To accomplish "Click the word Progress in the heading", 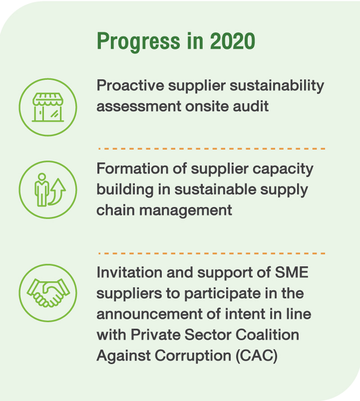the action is (138, 42).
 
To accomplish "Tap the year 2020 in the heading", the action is (233, 41).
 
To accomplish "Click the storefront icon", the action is (48, 107).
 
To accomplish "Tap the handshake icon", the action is (48, 293).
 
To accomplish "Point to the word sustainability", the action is (277, 86).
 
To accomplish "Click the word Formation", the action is (132, 169).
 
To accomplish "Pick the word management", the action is (186, 210).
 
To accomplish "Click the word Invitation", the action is (129, 272).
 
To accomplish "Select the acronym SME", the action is (292, 272).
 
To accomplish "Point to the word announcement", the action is (149, 314).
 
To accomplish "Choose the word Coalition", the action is (267, 334).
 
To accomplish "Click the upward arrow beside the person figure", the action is (57, 192).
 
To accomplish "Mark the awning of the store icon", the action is (48, 99).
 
